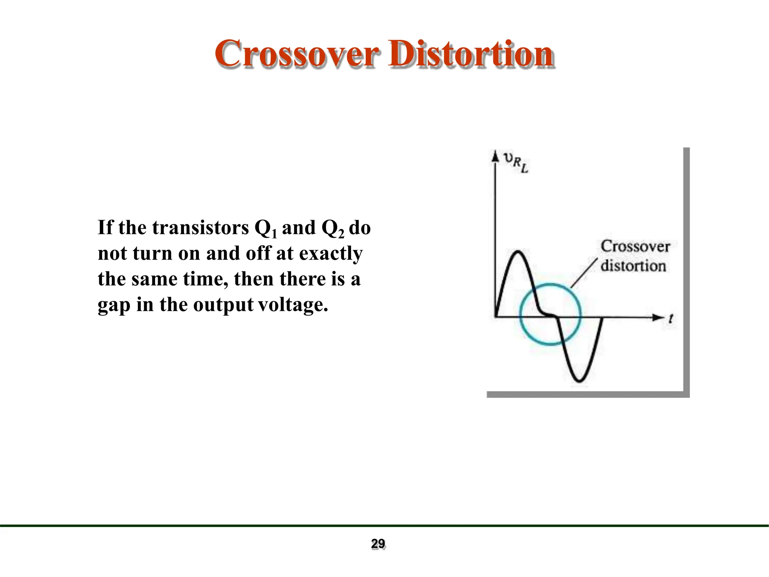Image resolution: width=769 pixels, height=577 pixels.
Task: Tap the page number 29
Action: click(378, 544)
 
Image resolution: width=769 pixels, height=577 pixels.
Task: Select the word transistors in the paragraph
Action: click(201, 228)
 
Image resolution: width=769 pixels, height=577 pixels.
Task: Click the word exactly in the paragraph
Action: click(331, 254)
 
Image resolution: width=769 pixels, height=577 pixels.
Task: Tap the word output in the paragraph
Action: click(223, 305)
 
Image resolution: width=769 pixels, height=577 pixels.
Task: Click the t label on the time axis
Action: click(671, 319)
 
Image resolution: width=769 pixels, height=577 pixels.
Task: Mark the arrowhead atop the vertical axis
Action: click(495, 156)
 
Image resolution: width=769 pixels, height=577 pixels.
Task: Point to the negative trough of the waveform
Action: click(579, 381)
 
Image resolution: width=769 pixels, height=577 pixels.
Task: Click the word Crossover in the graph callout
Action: click(635, 246)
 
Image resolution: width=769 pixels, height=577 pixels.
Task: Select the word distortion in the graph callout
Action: click(633, 266)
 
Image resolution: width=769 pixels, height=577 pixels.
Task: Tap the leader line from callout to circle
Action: click(584, 273)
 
